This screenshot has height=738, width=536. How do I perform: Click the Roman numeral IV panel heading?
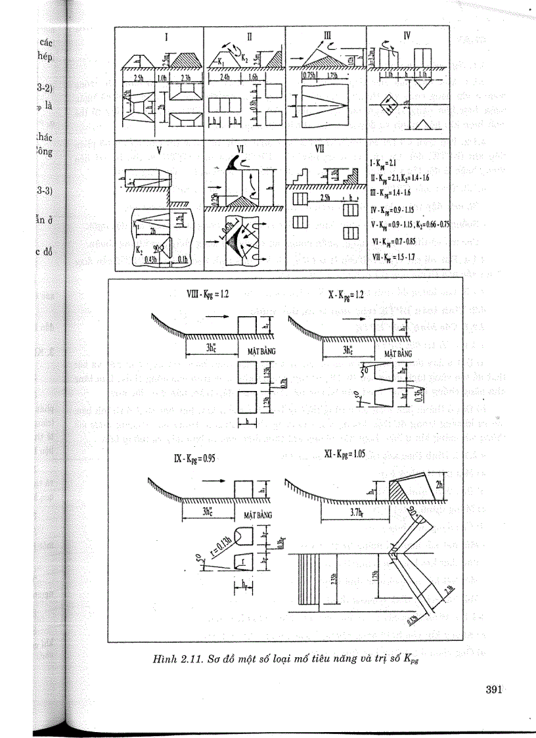click(x=407, y=35)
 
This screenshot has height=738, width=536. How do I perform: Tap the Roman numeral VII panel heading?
click(x=320, y=149)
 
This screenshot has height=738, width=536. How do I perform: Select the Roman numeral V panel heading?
click(x=159, y=149)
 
